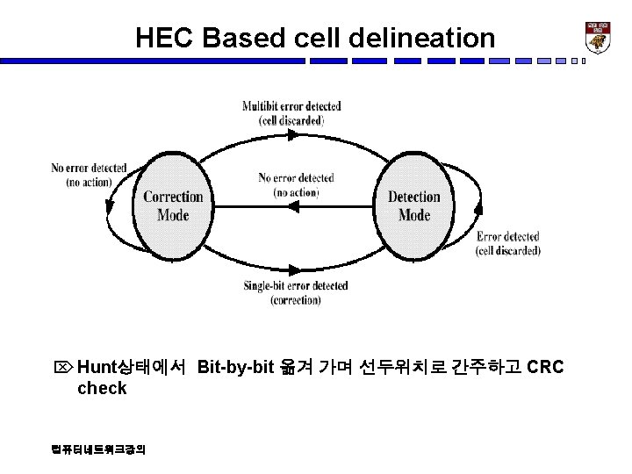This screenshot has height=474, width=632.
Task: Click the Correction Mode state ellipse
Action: coord(173,205)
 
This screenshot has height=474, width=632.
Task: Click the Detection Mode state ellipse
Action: coord(414,205)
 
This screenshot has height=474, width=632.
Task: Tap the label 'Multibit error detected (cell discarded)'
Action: coord(291,113)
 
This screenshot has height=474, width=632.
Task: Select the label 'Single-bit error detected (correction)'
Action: coord(295,292)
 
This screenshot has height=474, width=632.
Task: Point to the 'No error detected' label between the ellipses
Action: coord(296,184)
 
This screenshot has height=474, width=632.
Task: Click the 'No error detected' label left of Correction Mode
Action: coord(89,175)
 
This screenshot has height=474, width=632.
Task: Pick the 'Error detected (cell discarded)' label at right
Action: coord(508,243)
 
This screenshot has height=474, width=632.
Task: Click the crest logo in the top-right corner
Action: coord(598,36)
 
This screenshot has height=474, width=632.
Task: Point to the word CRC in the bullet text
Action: coord(545,366)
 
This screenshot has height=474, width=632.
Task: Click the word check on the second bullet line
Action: coord(102,388)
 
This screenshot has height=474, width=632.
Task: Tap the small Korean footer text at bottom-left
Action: coord(99,449)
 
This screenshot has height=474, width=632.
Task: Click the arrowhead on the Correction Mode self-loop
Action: coord(109,209)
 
